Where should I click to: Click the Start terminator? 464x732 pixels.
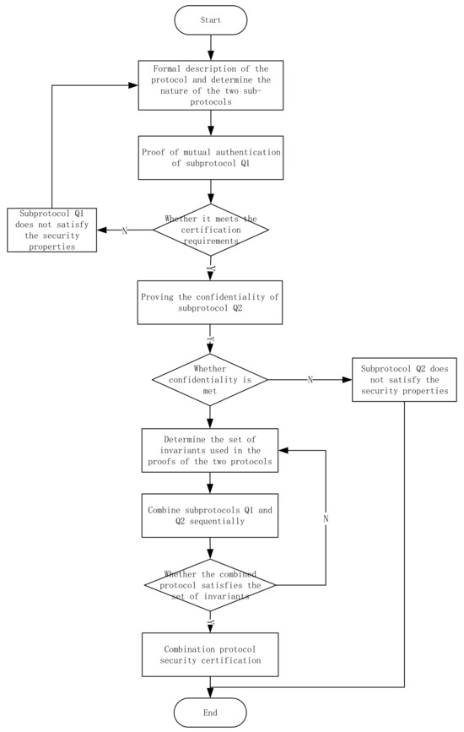[x=210, y=20]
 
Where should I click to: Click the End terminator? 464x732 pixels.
[x=210, y=713]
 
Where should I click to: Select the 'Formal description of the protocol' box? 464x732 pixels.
[x=210, y=85]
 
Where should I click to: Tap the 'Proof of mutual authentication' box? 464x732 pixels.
[x=210, y=157]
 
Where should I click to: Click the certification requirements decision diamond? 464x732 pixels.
[x=210, y=230]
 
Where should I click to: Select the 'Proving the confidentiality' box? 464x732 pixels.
[x=210, y=302]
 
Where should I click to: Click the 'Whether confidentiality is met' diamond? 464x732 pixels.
[x=210, y=380]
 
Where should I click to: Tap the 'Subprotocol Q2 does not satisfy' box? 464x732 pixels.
[x=404, y=380]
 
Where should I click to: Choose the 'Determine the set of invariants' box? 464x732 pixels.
[x=210, y=452]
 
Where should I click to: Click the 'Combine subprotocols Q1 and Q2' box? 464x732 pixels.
[x=210, y=515]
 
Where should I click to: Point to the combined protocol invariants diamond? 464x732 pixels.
[x=210, y=584]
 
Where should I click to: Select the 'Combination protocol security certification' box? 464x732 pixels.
[x=210, y=653]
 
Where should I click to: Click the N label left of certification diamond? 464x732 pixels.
[x=124, y=230]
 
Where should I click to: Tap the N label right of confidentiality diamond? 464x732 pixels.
[x=310, y=380]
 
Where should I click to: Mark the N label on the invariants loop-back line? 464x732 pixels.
[x=326, y=518]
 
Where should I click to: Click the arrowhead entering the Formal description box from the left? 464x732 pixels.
[x=135, y=85]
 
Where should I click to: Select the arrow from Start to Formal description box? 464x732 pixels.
[x=210, y=48]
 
